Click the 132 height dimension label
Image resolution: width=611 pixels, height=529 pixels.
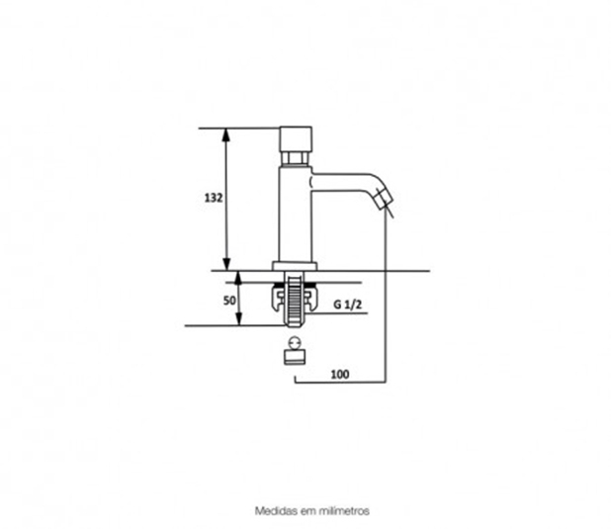[214, 198]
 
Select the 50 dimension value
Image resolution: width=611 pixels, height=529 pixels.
[229, 301]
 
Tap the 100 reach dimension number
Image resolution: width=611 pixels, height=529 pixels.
[340, 374]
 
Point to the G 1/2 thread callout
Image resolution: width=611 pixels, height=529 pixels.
[348, 305]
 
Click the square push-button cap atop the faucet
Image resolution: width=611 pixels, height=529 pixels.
[296, 139]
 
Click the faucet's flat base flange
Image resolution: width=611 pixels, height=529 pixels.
[295, 266]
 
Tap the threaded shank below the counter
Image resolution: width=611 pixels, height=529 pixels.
[295, 300]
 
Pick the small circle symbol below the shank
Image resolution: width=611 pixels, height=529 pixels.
[295, 343]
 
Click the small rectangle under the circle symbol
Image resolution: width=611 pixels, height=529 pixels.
[295, 357]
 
